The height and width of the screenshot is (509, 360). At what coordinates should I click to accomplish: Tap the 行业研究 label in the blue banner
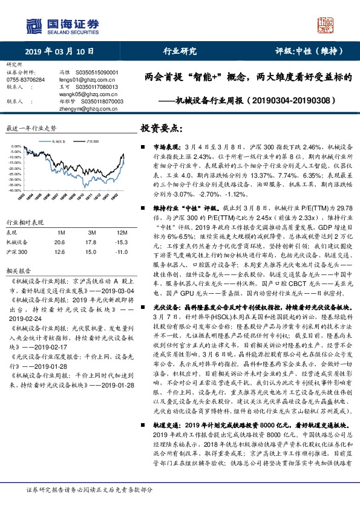click(x=180, y=51)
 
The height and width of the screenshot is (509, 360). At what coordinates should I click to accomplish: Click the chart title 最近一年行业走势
click(x=31, y=128)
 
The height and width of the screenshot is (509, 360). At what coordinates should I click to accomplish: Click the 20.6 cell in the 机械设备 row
click(x=59, y=242)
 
